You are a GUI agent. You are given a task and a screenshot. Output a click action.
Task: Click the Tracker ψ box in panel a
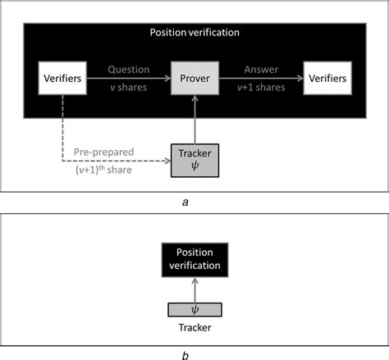pos(194,159)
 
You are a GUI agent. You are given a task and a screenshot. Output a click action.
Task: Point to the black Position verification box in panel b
pos(194,259)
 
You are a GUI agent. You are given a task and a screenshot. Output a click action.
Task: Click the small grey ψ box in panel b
pos(194,310)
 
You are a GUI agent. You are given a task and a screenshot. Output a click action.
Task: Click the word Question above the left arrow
pos(129,70)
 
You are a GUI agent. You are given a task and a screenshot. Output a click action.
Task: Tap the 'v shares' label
pos(130,89)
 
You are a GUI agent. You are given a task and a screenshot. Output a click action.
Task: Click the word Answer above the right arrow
pos(261,70)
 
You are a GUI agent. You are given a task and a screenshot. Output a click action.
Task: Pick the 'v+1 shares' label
pos(261,89)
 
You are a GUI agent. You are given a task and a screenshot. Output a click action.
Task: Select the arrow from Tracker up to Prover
pos(194,119)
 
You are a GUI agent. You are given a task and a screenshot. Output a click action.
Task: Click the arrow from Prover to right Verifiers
pos(261,80)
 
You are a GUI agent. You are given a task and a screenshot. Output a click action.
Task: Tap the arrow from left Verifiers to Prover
pos(130,80)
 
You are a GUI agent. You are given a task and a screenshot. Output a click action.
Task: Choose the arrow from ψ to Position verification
pos(194,290)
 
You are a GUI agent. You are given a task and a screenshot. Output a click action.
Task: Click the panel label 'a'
pos(194,199)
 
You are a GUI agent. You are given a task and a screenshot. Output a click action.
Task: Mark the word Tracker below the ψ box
pos(194,327)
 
